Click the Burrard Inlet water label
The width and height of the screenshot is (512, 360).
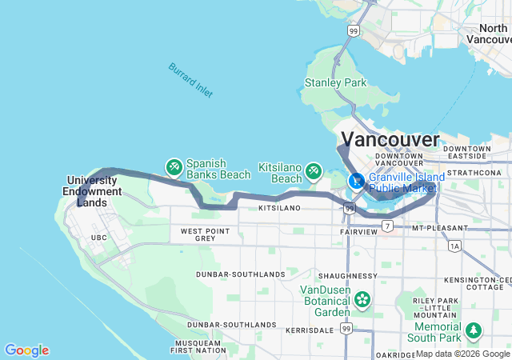tap(190, 80)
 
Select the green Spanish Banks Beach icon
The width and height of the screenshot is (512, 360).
tap(174, 167)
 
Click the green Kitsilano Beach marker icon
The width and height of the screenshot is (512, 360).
tap(314, 171)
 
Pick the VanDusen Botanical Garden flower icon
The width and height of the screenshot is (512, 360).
tap(362, 300)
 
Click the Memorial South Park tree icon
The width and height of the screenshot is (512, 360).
tap(474, 329)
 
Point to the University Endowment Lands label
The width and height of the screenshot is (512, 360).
tap(94, 191)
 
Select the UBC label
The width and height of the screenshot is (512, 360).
tap(99, 238)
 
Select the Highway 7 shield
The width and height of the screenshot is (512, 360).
tap(387, 227)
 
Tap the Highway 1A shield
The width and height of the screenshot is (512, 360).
tap(455, 246)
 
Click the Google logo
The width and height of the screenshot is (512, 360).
tap(26, 350)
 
